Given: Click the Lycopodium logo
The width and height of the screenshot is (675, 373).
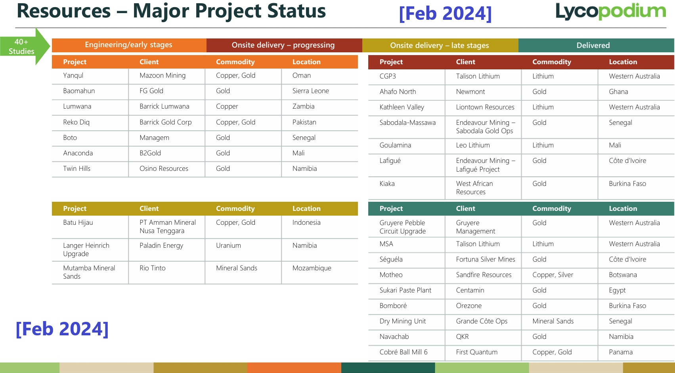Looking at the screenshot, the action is [x=610, y=11].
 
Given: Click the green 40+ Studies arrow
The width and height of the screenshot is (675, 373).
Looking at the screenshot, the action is [x=25, y=46].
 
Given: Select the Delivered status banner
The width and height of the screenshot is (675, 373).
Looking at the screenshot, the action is [x=596, y=45].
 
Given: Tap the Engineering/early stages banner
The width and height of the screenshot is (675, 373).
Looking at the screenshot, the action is [x=129, y=45].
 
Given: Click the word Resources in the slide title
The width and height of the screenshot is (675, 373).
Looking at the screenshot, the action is [x=63, y=11].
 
